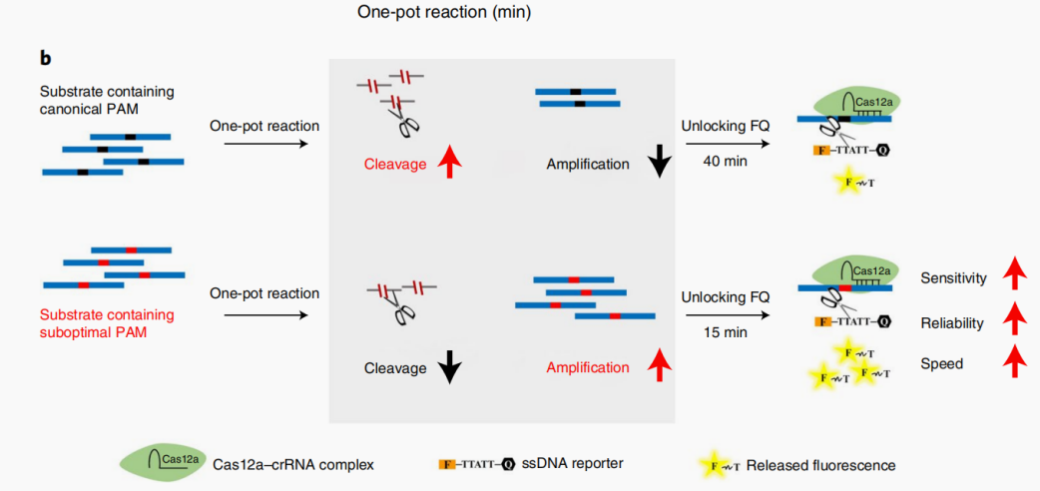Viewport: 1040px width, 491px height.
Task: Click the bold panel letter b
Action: (45, 59)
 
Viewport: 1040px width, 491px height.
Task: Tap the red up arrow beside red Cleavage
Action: (450, 162)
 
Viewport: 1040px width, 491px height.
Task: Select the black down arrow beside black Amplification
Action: (658, 161)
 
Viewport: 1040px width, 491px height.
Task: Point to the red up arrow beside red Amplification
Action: (658, 366)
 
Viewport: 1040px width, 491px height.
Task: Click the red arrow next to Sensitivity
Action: (1014, 271)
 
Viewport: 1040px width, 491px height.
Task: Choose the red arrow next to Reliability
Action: (1014, 317)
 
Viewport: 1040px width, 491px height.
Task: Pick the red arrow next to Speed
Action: (1014, 361)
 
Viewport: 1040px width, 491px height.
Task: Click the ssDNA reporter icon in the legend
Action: (476, 464)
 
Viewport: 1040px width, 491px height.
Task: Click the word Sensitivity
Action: (953, 278)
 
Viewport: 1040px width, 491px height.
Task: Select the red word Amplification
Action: (588, 367)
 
